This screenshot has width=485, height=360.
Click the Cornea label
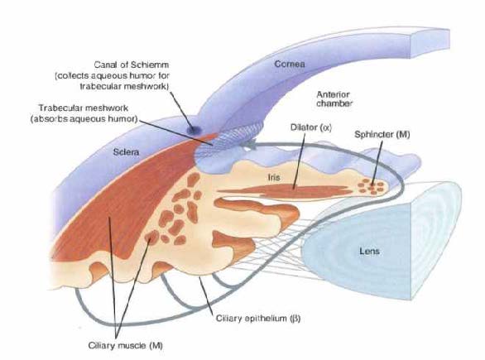(290, 64)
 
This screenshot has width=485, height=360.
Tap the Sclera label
(126, 151)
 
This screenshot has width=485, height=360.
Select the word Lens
(369, 251)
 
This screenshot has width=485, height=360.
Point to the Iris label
(274, 177)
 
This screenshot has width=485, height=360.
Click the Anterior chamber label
(334, 99)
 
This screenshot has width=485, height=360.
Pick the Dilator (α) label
(311, 127)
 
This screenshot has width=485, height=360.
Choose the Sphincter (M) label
(382, 135)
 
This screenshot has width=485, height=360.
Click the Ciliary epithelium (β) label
(258, 319)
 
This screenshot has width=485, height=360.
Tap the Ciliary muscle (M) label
(125, 345)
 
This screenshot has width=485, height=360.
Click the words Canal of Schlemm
(132, 65)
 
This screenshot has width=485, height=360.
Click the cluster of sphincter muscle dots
(371, 186)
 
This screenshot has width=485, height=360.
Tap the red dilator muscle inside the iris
(285, 191)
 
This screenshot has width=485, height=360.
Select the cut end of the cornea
(430, 43)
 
